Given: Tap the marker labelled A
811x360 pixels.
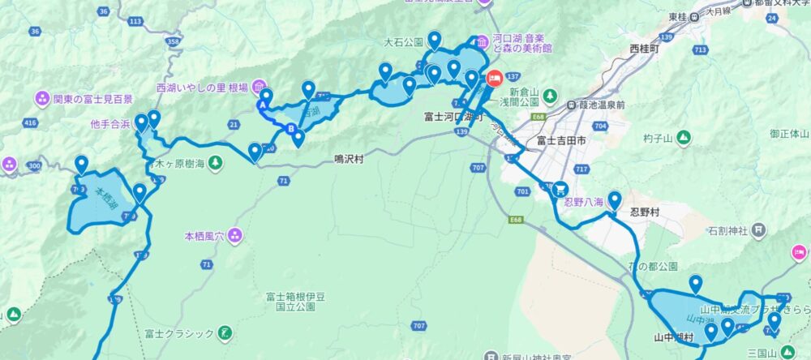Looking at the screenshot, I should coord(263,105).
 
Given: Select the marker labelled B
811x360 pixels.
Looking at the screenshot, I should coord(291,128).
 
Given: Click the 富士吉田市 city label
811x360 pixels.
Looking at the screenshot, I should coord(561,140).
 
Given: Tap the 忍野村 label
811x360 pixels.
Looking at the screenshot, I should coord(646,212).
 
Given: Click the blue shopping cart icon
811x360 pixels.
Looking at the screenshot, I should coord(560,188).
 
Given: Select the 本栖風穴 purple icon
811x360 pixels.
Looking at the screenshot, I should coord(234,236).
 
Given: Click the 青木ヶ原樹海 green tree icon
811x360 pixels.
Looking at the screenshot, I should coord(215,165).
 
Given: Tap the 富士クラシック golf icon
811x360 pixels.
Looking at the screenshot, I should coord(225,333).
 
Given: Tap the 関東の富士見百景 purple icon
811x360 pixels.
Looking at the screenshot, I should coord(42,99).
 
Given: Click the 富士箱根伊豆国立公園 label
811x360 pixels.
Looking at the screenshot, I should coord(290,302).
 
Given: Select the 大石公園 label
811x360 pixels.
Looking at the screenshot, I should coord(404,41).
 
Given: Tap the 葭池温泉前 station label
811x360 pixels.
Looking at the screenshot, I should coord(596,105).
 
